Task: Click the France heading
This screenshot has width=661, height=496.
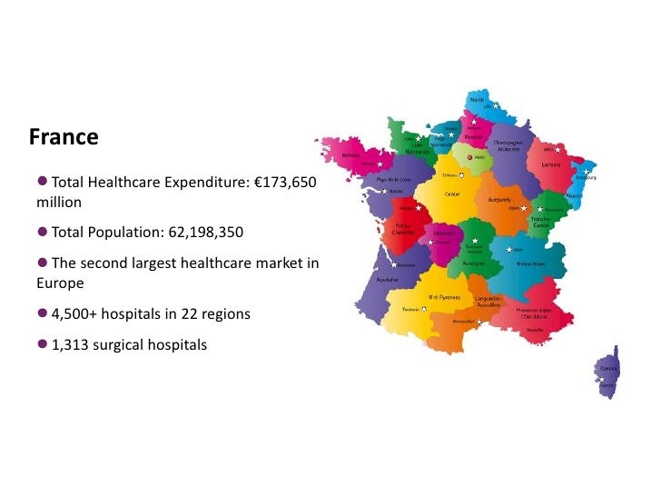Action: click(64, 137)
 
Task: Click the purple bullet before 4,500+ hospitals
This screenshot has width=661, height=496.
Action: click(43, 313)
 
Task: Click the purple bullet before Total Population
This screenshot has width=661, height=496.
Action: click(43, 232)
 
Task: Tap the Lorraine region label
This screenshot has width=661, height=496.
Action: click(550, 165)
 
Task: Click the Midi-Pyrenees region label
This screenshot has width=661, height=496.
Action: click(444, 297)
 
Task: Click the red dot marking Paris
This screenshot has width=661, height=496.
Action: click(469, 156)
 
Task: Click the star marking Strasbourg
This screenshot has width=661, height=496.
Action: click(587, 171)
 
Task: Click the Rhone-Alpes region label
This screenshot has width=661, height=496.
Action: click(530, 264)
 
